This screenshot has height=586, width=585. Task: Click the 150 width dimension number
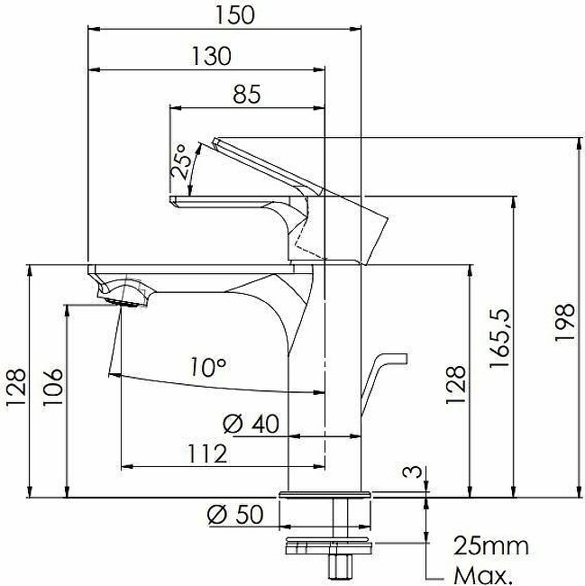(x=235, y=15)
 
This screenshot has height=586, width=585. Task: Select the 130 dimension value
(x=212, y=56)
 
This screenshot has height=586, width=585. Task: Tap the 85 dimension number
(x=247, y=94)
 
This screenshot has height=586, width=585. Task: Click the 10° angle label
(x=208, y=367)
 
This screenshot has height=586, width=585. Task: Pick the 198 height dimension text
(x=564, y=322)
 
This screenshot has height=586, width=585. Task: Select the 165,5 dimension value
(x=499, y=338)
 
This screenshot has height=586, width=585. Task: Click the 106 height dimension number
(x=52, y=387)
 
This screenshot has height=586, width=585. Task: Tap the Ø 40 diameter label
(x=251, y=424)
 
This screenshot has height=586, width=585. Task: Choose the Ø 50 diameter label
(x=235, y=514)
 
